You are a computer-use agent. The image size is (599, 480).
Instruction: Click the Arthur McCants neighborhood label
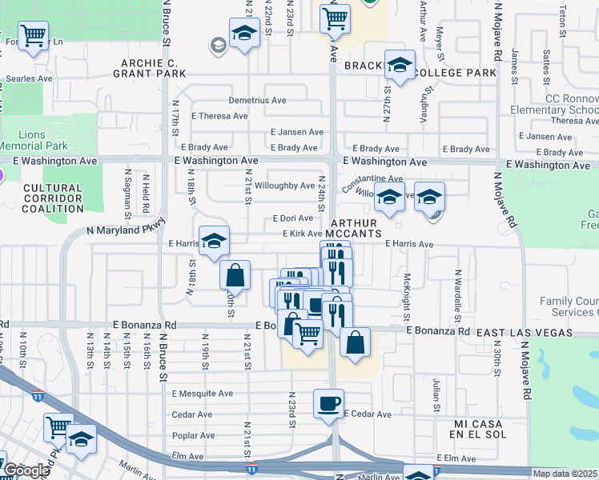[x=354, y=228]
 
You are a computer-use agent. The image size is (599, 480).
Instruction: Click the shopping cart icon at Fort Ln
[x=33, y=34]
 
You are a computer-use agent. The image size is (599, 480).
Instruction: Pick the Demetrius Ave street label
[x=257, y=101]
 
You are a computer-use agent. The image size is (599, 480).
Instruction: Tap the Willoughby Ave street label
[x=284, y=186]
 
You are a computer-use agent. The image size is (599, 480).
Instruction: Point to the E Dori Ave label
[x=292, y=218]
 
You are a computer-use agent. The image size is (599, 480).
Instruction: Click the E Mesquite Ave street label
[x=202, y=394]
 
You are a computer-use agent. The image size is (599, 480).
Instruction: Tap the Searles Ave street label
[x=29, y=78]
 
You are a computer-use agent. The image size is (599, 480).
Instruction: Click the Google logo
[x=26, y=470]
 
